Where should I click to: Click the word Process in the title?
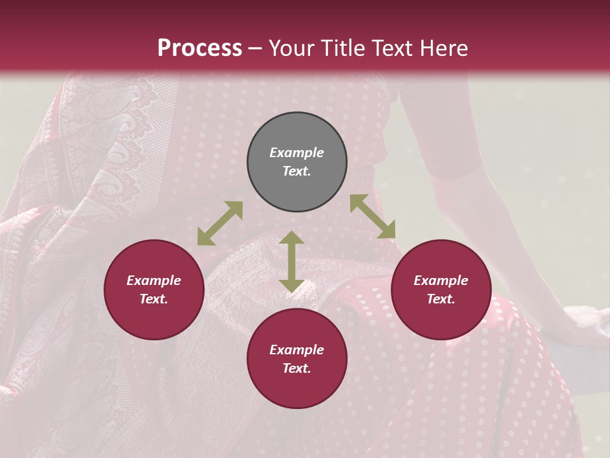[200, 48]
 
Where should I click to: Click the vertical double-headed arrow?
[292, 261]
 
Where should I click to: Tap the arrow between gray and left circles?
[220, 223]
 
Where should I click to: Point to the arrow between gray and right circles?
[372, 216]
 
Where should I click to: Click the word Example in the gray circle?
[297, 153]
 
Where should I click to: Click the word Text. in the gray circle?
[297, 171]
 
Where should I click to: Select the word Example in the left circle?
[154, 281]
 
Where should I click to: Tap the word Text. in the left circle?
[154, 299]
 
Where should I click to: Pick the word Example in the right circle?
[441, 281]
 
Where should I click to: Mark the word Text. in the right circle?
[441, 299]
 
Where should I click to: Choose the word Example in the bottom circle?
[297, 350]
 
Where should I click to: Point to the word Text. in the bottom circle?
[297, 368]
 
